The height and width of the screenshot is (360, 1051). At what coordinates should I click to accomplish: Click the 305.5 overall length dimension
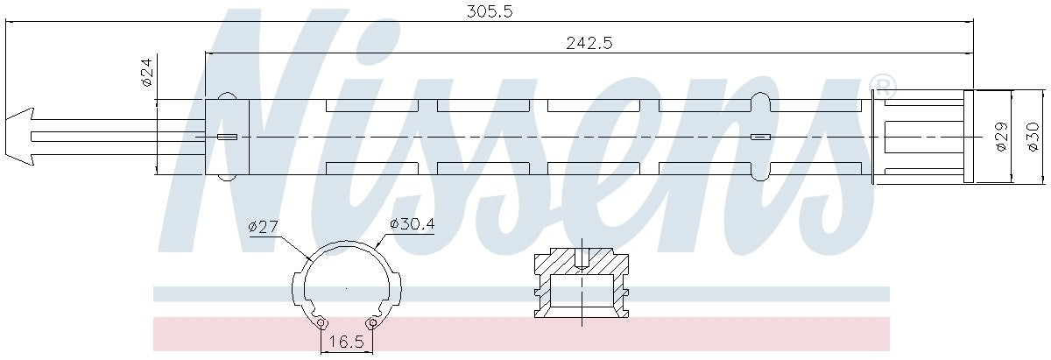tap(488, 11)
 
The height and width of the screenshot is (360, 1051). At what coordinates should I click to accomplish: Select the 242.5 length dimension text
tap(588, 44)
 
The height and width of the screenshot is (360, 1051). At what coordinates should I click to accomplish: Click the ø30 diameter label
tap(1033, 137)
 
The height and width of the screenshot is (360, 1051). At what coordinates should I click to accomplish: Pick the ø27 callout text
tap(264, 226)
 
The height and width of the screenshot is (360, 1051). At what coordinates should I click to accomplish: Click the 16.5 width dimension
tap(347, 342)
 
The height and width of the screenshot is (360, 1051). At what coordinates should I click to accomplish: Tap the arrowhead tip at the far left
tap(5, 137)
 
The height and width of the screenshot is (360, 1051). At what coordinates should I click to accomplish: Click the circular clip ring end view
tap(346, 285)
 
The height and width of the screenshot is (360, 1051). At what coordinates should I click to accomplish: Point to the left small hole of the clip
tap(322, 324)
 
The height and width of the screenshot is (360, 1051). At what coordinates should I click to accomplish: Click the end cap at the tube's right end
tap(969, 137)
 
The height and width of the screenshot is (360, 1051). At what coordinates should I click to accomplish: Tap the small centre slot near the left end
tap(227, 137)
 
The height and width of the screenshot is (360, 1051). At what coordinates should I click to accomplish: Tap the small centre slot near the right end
tap(760, 137)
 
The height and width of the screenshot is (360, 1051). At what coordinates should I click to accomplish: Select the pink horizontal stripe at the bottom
tap(521, 335)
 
